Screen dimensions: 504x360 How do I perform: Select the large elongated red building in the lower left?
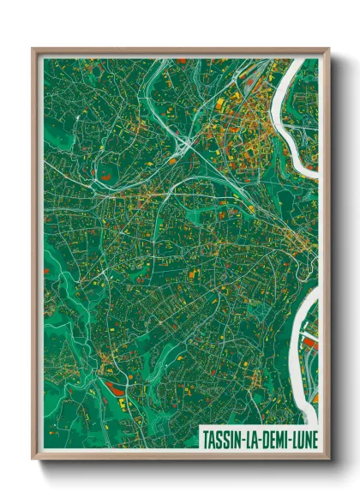(x=115, y=390)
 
